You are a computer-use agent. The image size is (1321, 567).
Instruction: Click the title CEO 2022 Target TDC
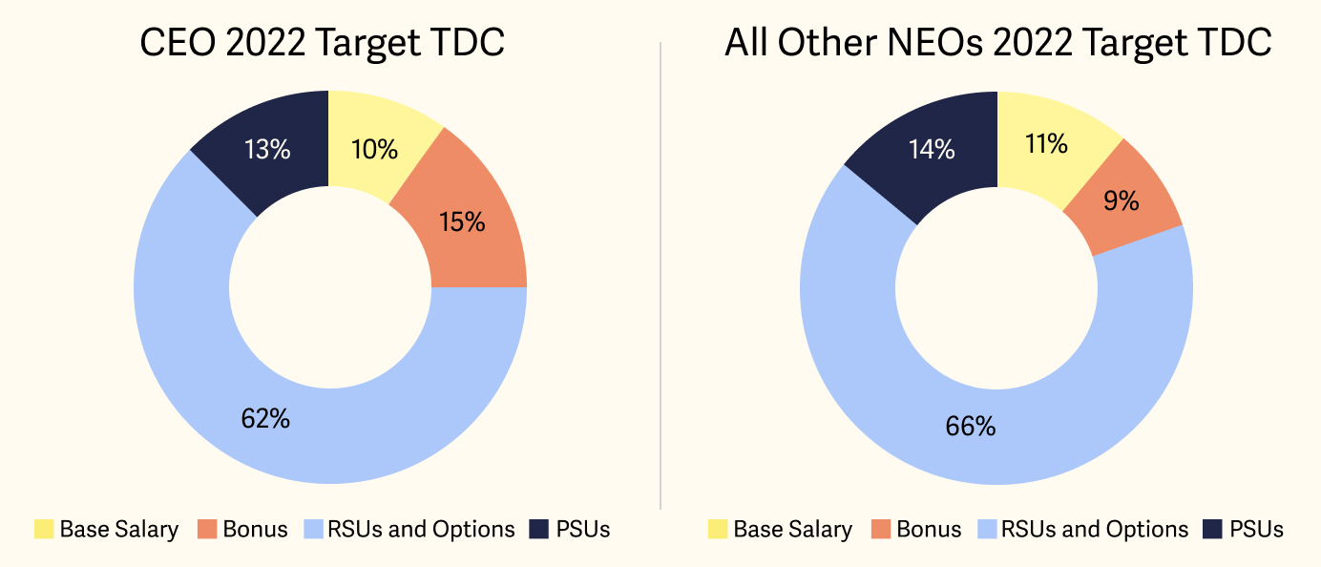[322, 43]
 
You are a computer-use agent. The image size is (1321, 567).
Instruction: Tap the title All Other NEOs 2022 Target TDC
[997, 43]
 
